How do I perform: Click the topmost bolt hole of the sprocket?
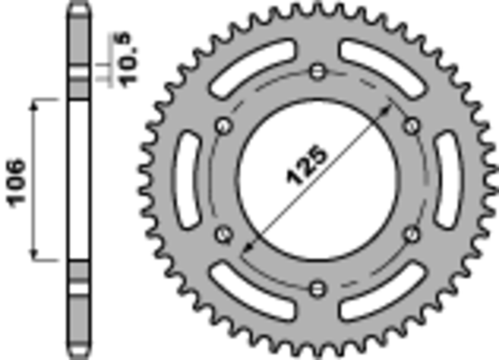[318, 70]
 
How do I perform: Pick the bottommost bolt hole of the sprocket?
[318, 288]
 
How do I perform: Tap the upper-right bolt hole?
[412, 126]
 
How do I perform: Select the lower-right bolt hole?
[412, 234]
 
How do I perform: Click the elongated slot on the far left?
[187, 180]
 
